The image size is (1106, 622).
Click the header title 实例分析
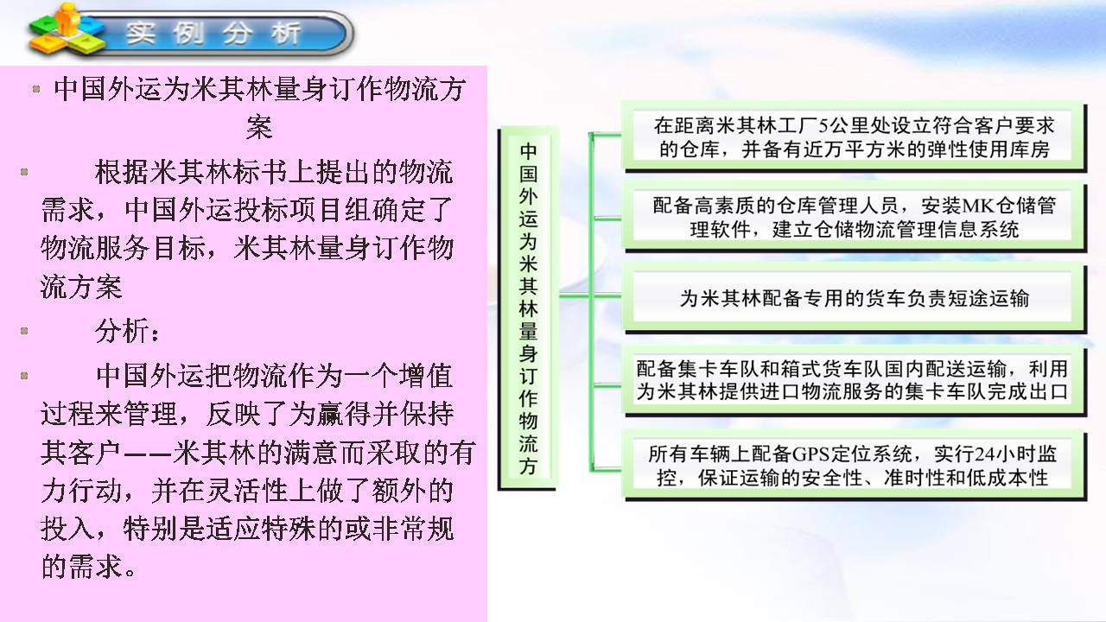(213, 34)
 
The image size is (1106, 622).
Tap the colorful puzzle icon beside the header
(67, 29)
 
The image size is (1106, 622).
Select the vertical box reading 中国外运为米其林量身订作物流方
(528, 308)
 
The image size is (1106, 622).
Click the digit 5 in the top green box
(823, 126)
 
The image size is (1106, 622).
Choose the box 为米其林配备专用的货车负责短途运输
(855, 299)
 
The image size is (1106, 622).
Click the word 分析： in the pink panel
(128, 331)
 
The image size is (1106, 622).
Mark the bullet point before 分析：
(23, 331)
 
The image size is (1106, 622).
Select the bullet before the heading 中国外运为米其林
(36, 89)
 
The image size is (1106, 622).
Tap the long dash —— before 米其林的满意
(147, 453)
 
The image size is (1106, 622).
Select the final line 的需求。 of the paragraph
(89, 566)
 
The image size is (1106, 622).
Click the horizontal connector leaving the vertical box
(575, 296)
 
